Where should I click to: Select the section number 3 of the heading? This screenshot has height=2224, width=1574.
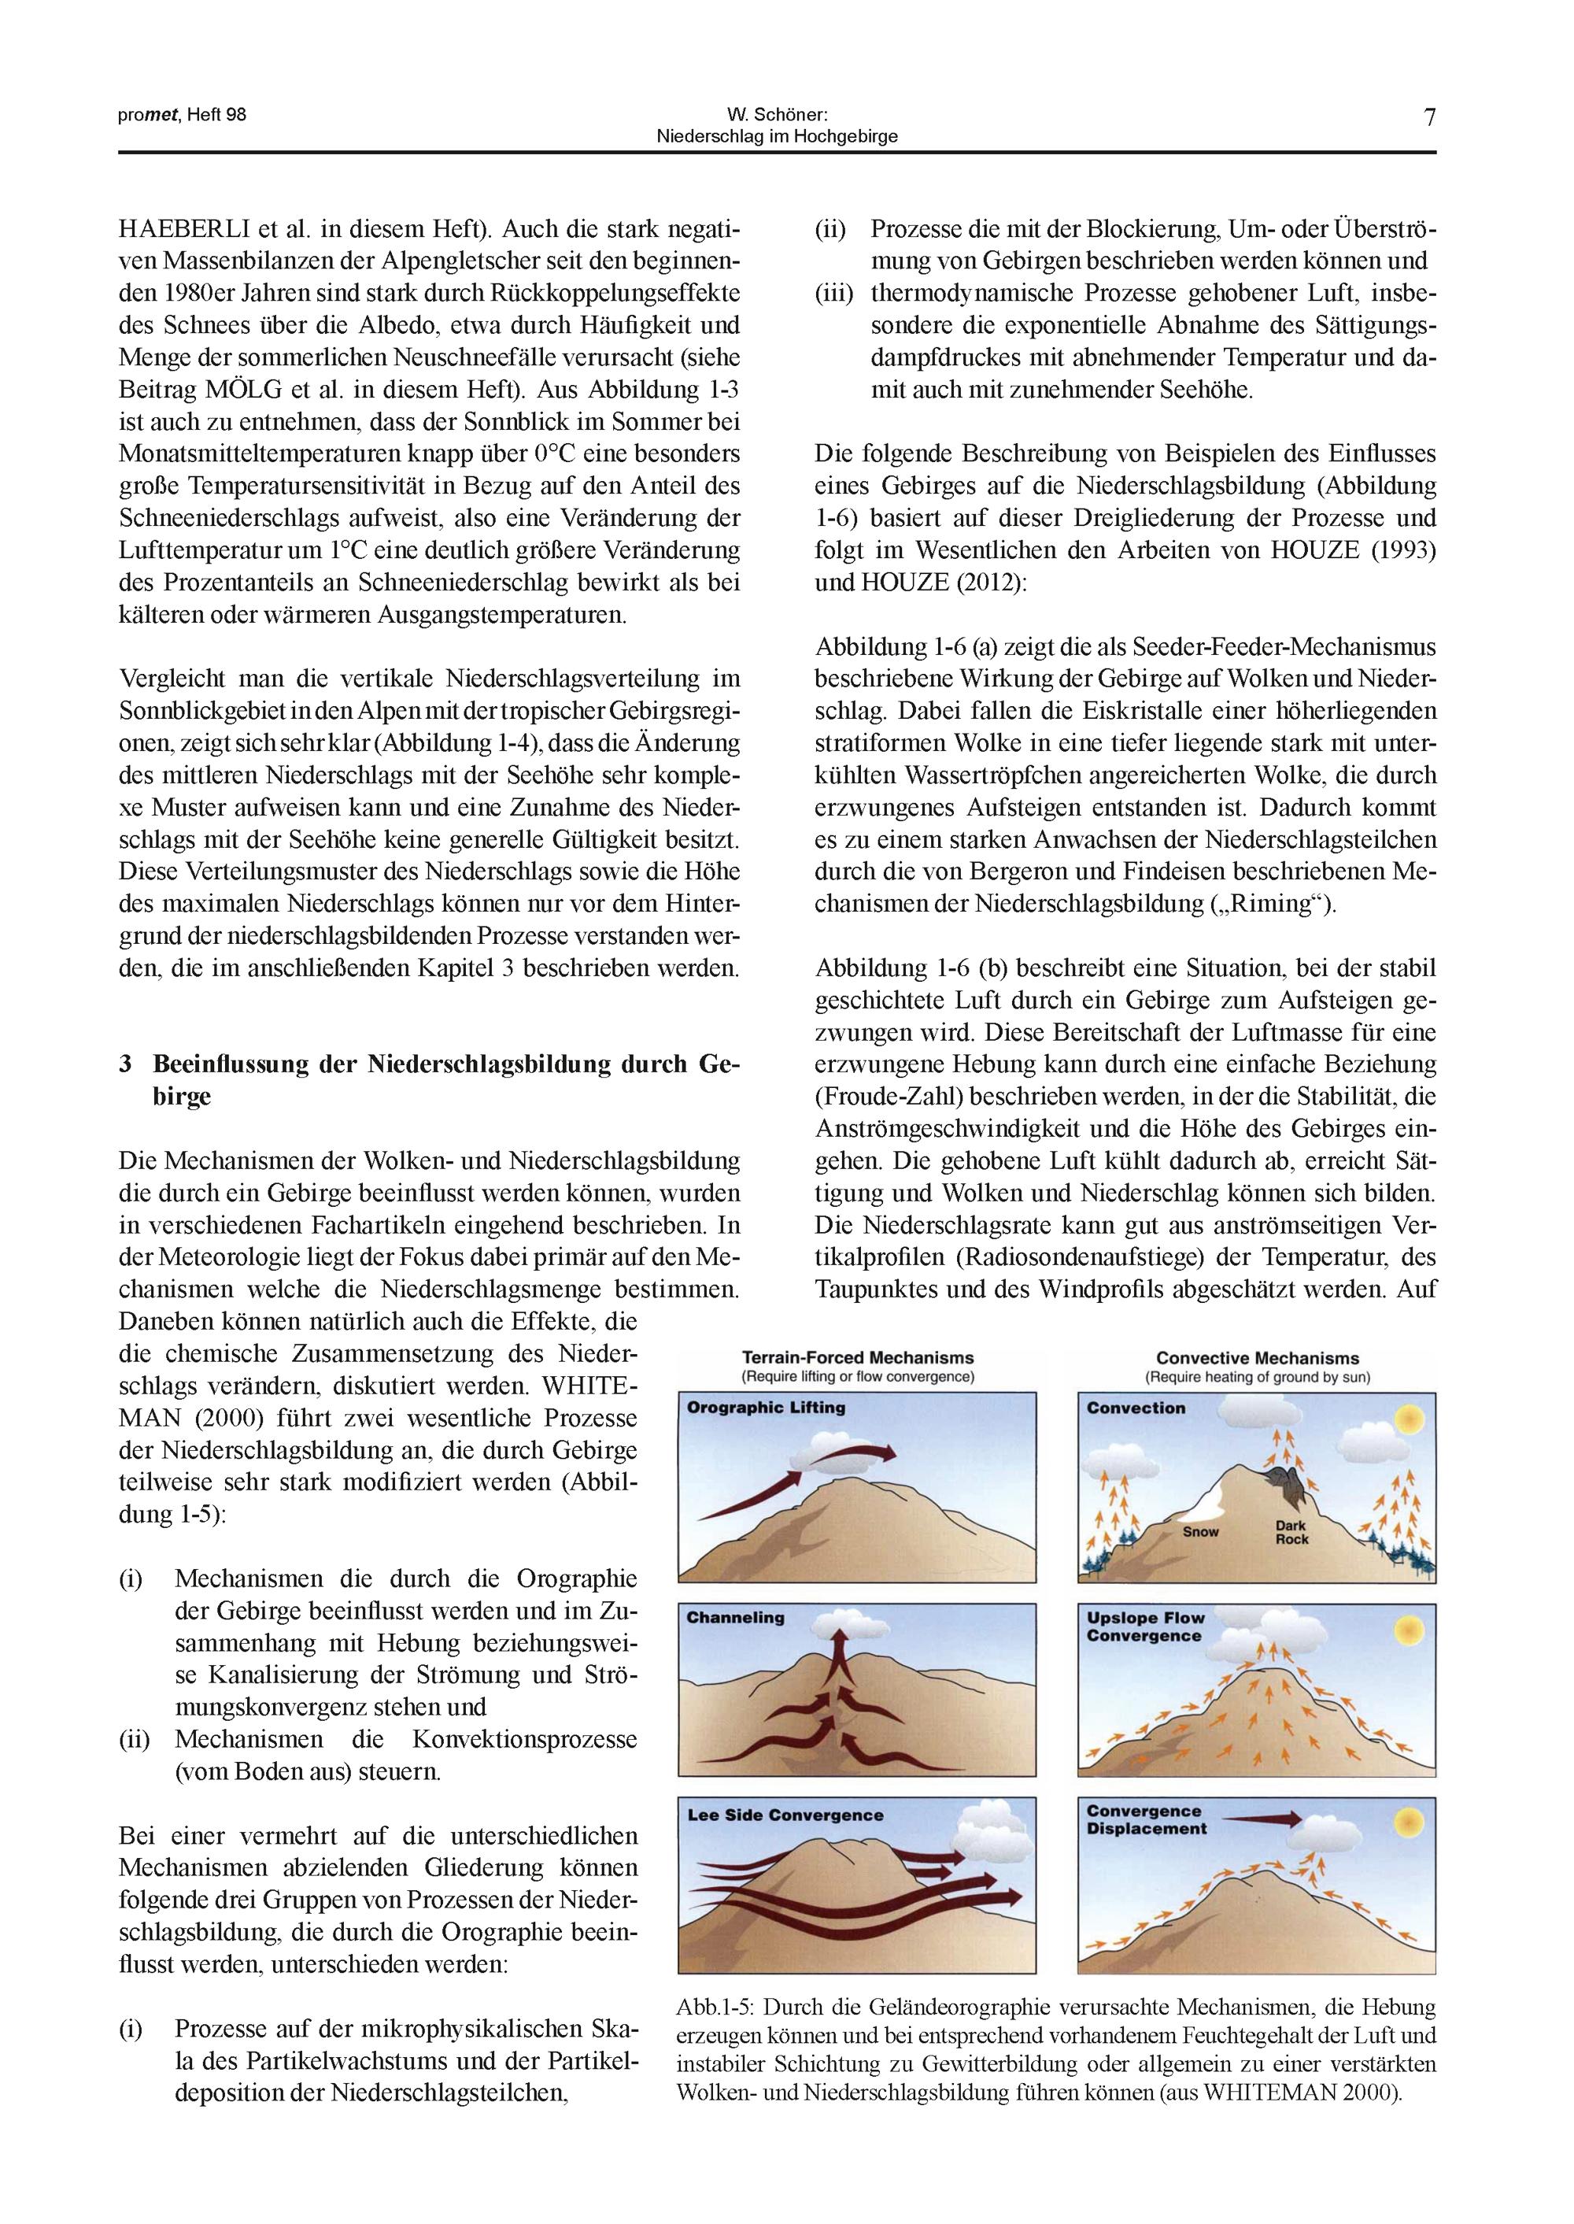tap(125, 1064)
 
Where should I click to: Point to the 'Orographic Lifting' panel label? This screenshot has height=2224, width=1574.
tap(766, 1408)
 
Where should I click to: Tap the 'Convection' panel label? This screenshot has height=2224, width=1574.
tap(1136, 1408)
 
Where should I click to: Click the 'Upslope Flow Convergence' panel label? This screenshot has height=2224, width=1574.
tap(1144, 1626)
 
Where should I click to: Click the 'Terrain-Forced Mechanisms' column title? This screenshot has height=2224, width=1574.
tap(858, 1358)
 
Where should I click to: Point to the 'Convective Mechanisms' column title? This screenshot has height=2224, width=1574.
tap(1257, 1358)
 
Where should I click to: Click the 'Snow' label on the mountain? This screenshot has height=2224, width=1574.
tap(1201, 1532)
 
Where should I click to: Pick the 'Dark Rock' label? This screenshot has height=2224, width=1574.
tap(1292, 1532)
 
